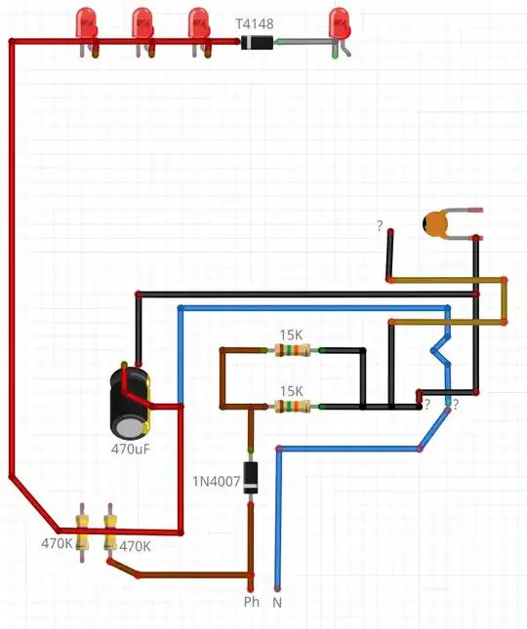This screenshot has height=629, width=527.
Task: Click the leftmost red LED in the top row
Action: click(x=86, y=24)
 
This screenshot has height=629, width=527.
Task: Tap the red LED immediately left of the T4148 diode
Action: click(x=199, y=24)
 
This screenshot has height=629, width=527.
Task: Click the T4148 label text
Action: click(x=255, y=21)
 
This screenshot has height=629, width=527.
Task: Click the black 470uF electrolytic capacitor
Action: click(x=130, y=402)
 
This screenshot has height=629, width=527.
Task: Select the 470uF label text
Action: click(x=130, y=451)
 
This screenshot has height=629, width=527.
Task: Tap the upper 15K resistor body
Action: click(x=290, y=350)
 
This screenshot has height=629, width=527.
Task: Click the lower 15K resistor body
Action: click(x=290, y=406)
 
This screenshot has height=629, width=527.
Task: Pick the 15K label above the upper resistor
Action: click(x=291, y=334)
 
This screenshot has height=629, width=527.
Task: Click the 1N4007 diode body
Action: click(x=251, y=478)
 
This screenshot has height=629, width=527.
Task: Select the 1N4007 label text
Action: click(x=216, y=480)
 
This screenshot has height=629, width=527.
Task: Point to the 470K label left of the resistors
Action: click(x=57, y=543)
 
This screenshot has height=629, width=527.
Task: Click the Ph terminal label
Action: click(x=252, y=602)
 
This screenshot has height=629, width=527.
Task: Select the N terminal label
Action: click(x=277, y=602)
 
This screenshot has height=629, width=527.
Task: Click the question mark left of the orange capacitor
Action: click(x=380, y=226)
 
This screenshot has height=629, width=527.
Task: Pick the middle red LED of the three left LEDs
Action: click(x=142, y=24)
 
